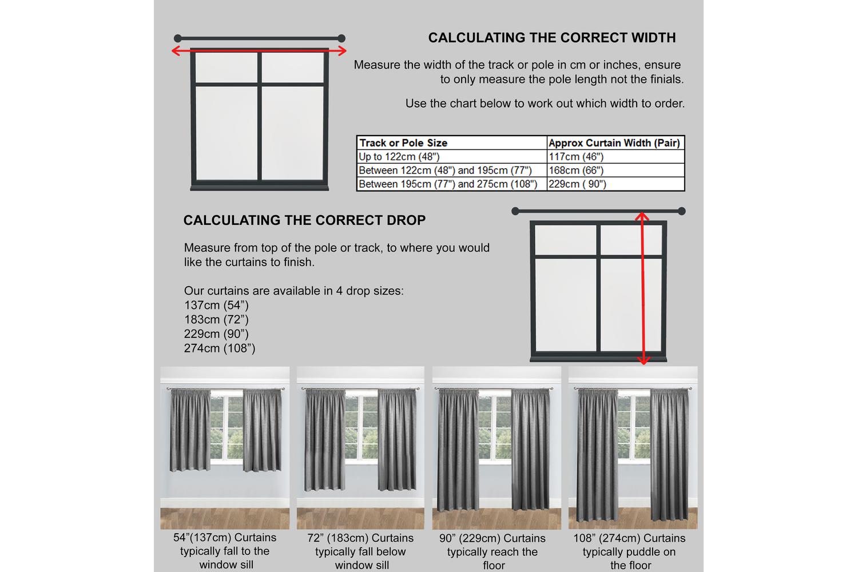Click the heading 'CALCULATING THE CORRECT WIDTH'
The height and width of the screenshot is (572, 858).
tap(552, 38)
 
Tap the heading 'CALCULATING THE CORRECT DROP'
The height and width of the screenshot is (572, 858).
tap(304, 220)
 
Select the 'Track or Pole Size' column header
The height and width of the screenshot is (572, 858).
tap(403, 143)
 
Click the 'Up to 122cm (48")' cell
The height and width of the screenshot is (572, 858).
tap(399, 157)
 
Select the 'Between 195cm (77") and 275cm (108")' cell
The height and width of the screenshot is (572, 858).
tap(448, 184)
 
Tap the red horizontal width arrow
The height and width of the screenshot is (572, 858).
tap(259, 51)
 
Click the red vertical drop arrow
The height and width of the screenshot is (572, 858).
tap(643, 289)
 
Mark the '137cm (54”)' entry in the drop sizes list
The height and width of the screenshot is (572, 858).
tap(216, 305)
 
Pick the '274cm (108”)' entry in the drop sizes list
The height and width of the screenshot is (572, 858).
tap(220, 348)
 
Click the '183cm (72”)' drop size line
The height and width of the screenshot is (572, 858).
tap(216, 320)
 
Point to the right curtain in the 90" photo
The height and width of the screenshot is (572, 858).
tap(530, 449)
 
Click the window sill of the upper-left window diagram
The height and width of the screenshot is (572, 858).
tap(259, 186)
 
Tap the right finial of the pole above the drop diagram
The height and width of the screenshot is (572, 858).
tap(681, 211)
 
